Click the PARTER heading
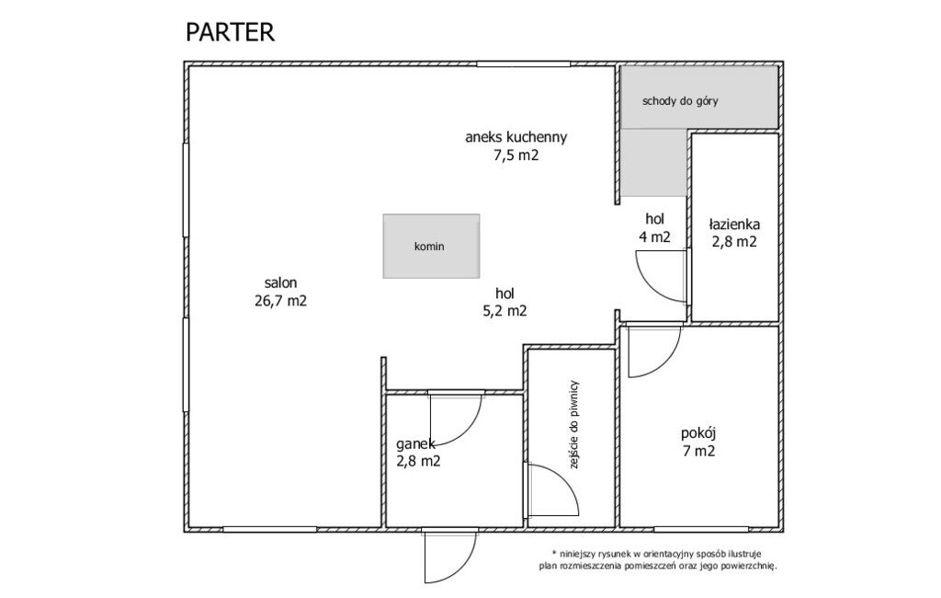click(230, 32)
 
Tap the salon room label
click(280, 282)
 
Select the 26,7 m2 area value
click(280, 301)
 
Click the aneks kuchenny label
click(516, 137)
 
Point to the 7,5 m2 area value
click(516, 155)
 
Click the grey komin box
click(432, 246)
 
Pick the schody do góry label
click(680, 101)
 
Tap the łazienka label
click(734, 224)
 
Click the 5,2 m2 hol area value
click(505, 311)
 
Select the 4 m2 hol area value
click(654, 236)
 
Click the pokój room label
click(698, 433)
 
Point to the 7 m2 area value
click(698, 451)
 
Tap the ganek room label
click(415, 444)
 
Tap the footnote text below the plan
click(657, 559)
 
